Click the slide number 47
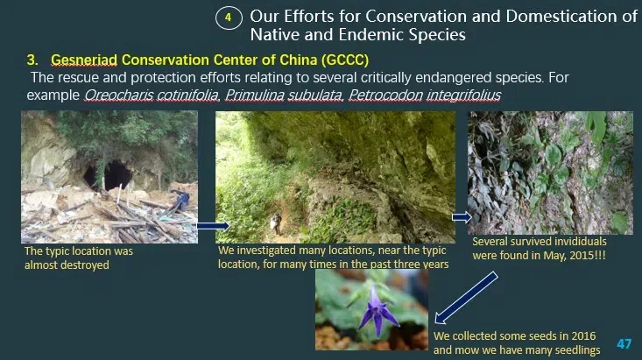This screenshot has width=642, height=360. click(x=624, y=342)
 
